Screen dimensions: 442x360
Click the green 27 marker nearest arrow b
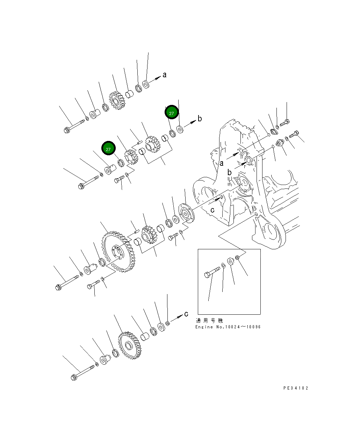172,113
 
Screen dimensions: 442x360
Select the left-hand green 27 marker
108,149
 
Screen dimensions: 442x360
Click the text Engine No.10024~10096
228,327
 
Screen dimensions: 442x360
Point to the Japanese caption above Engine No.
209,320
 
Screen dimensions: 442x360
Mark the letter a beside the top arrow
165,74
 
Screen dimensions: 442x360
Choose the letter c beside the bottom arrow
186,313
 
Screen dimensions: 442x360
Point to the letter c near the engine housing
212,210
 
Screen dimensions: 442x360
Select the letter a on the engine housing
221,162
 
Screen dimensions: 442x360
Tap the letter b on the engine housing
229,172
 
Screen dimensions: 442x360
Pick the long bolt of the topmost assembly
74,126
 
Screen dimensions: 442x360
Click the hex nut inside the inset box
237,258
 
